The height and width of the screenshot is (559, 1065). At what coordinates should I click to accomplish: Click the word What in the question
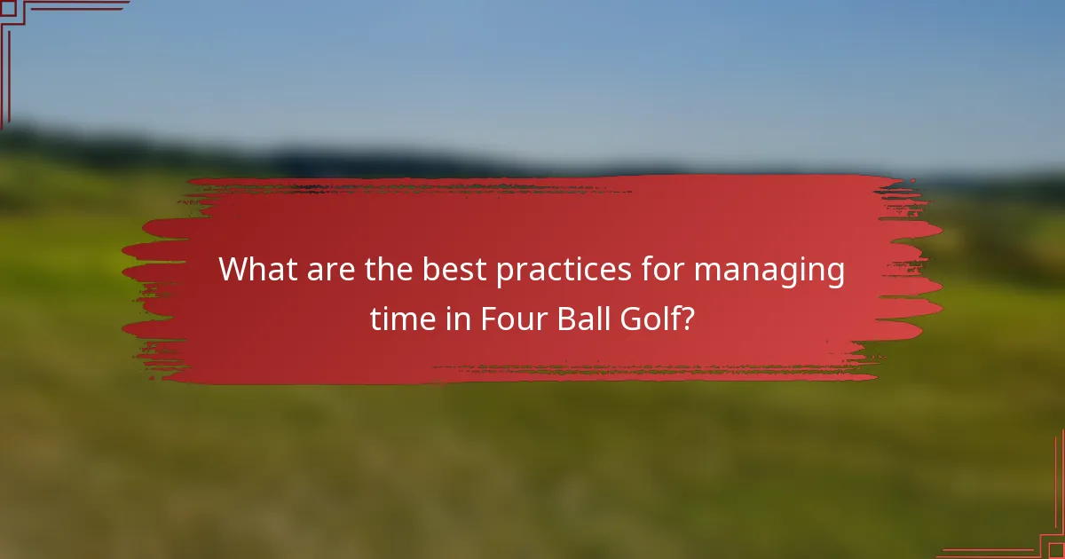[257, 269]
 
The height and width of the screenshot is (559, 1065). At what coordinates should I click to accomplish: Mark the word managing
[769, 271]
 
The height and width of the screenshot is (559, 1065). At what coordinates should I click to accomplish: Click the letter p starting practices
[504, 272]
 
